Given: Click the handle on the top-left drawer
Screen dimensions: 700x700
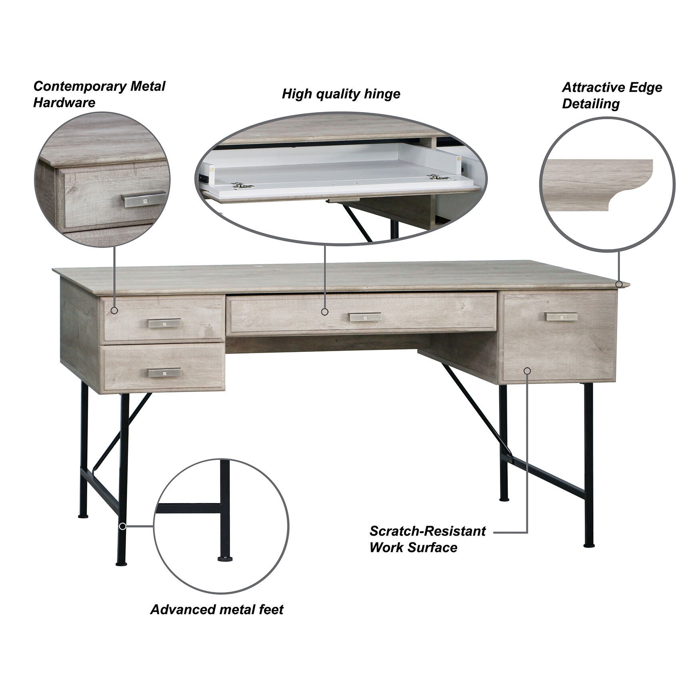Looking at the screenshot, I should pyautogui.click(x=164, y=323).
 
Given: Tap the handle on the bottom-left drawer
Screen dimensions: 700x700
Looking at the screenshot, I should pyautogui.click(x=164, y=372).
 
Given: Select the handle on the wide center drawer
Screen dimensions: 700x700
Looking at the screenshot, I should pyautogui.click(x=365, y=317).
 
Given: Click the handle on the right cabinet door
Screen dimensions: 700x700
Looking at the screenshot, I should pyautogui.click(x=562, y=317).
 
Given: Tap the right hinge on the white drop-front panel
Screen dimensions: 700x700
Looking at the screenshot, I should pyautogui.click(x=438, y=177).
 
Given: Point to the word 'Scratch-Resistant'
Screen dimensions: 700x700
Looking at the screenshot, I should pyautogui.click(x=427, y=531).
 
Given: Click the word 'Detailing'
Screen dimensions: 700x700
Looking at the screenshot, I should pyautogui.click(x=590, y=104).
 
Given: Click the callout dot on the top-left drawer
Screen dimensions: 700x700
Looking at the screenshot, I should pyautogui.click(x=114, y=310).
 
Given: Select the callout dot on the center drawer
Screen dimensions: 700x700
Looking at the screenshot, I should pyautogui.click(x=324, y=312).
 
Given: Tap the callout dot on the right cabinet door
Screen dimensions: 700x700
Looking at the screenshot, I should pyautogui.click(x=527, y=371).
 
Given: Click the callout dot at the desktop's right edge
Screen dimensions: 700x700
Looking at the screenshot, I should pyautogui.click(x=619, y=284).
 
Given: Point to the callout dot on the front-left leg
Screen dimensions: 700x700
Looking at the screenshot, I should pyautogui.click(x=123, y=526).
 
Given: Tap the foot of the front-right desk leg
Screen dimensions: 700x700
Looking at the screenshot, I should pyautogui.click(x=589, y=544).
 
